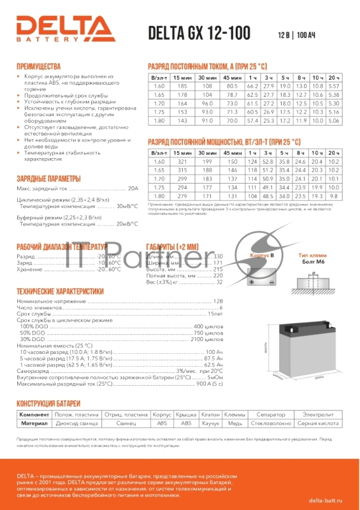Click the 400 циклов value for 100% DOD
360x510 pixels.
[207, 326]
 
